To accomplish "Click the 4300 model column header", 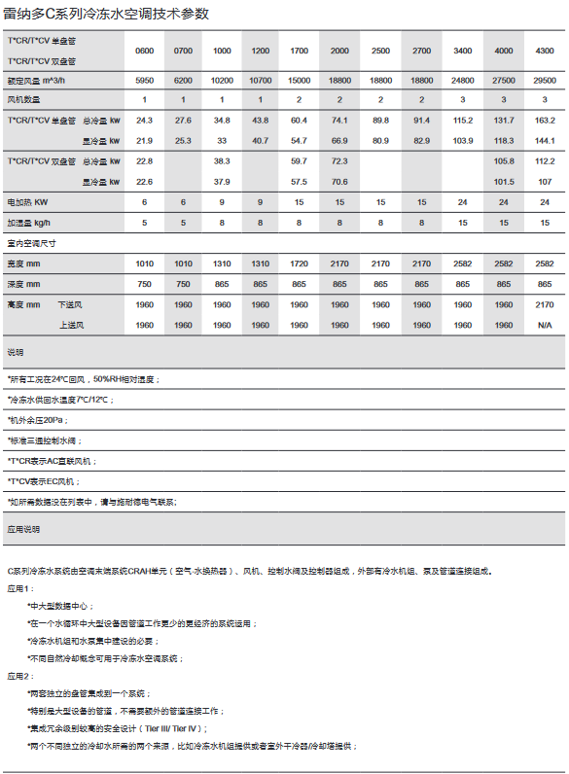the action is point(545,50).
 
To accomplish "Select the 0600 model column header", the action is point(144,50).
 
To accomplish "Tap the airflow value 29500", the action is point(545,83).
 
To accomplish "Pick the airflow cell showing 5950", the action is point(144,83).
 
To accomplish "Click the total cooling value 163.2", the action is point(545,121).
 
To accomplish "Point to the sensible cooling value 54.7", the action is point(300,141).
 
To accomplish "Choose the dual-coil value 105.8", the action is point(504,161).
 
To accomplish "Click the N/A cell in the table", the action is point(545,325).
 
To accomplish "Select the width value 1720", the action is point(300,264).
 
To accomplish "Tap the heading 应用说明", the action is point(23,530).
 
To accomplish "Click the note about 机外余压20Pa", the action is point(36,420).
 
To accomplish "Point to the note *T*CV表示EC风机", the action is point(44,481).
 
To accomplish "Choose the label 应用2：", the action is point(20,675).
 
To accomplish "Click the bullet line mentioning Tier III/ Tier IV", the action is point(117,727).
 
